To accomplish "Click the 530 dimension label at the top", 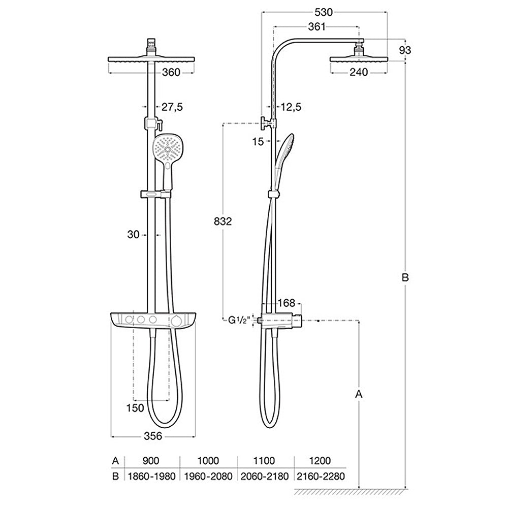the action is [324, 12].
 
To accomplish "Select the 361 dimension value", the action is [316, 26].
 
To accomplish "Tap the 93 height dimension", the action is [405, 50].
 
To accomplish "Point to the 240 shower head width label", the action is [359, 72].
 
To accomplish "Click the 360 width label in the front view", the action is [171, 72].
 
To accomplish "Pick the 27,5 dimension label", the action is [172, 107].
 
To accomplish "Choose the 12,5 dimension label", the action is [291, 107].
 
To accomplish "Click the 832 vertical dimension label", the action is [223, 221].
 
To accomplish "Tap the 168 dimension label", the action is [287, 303].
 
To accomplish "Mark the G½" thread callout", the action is [239, 320].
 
